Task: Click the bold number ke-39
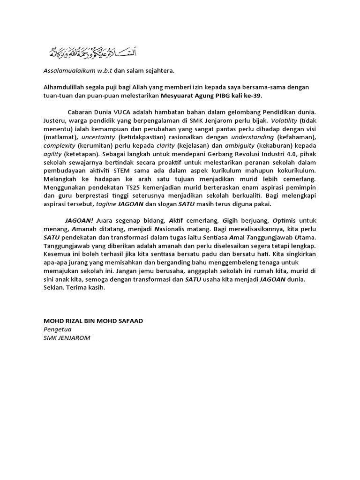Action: tap(252, 96)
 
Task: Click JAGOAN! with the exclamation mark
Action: tap(79, 221)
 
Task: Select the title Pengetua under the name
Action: tap(55, 329)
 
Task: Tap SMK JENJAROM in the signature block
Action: tap(65, 337)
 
